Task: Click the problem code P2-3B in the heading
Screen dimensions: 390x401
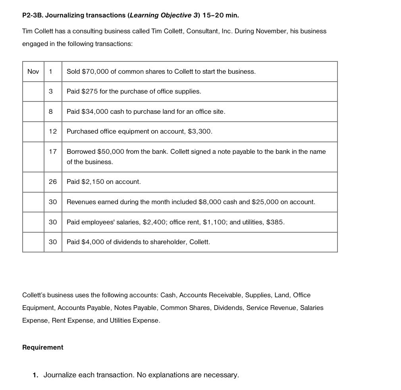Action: [x=32, y=15]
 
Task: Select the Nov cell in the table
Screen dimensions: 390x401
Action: [x=33, y=72]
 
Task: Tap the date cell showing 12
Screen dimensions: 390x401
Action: [x=53, y=132]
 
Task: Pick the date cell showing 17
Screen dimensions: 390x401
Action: [x=53, y=152]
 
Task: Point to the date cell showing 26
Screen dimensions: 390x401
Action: [x=53, y=182]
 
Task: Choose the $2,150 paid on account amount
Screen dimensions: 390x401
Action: [x=92, y=182]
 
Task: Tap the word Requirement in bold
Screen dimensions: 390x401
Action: [x=42, y=348]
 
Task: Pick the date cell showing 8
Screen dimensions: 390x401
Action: [x=51, y=112]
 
